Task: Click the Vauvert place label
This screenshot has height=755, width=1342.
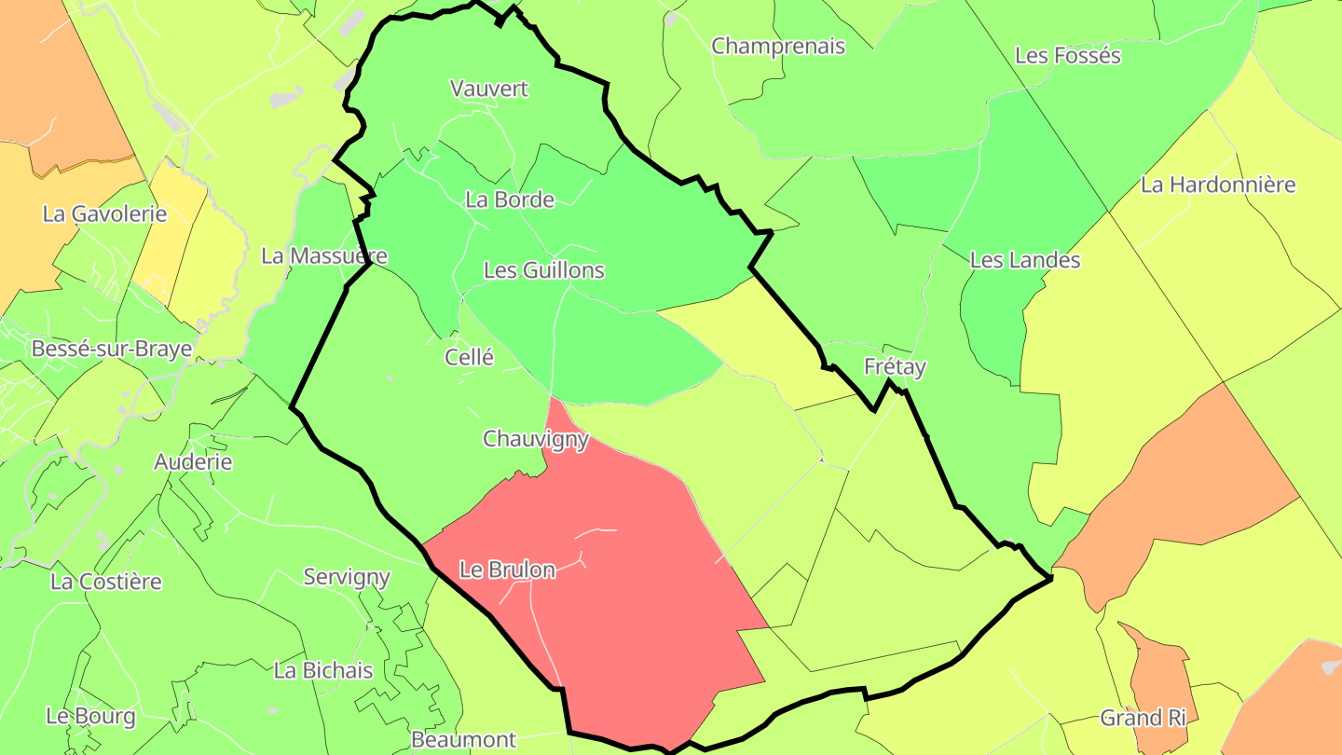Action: pyautogui.click(x=488, y=89)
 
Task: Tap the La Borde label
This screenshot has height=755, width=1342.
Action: pyautogui.click(x=510, y=199)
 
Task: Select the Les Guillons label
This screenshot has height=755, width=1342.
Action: pyautogui.click(x=544, y=270)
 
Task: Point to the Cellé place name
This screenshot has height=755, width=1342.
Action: pyautogui.click(x=469, y=357)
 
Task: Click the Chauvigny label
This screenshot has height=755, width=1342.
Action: pyautogui.click(x=536, y=438)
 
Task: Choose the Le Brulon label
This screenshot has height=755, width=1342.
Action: pyautogui.click(x=508, y=570)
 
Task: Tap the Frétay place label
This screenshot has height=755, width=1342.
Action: pyautogui.click(x=895, y=366)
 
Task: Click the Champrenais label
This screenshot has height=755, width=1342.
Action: pyautogui.click(x=778, y=46)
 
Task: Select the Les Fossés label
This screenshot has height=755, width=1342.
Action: pyautogui.click(x=1068, y=55)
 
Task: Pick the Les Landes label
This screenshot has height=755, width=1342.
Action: pyautogui.click(x=1025, y=260)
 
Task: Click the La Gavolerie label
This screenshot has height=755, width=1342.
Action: pyautogui.click(x=104, y=213)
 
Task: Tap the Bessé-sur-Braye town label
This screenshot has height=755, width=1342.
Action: pyautogui.click(x=112, y=349)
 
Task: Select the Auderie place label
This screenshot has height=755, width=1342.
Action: pyautogui.click(x=193, y=461)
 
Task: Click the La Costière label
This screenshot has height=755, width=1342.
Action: pyautogui.click(x=106, y=582)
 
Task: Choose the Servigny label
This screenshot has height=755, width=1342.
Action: pyautogui.click(x=347, y=577)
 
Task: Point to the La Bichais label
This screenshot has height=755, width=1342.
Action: pyautogui.click(x=323, y=670)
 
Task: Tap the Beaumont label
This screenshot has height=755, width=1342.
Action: pyautogui.click(x=463, y=740)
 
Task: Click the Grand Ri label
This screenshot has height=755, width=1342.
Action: pyautogui.click(x=1143, y=718)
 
